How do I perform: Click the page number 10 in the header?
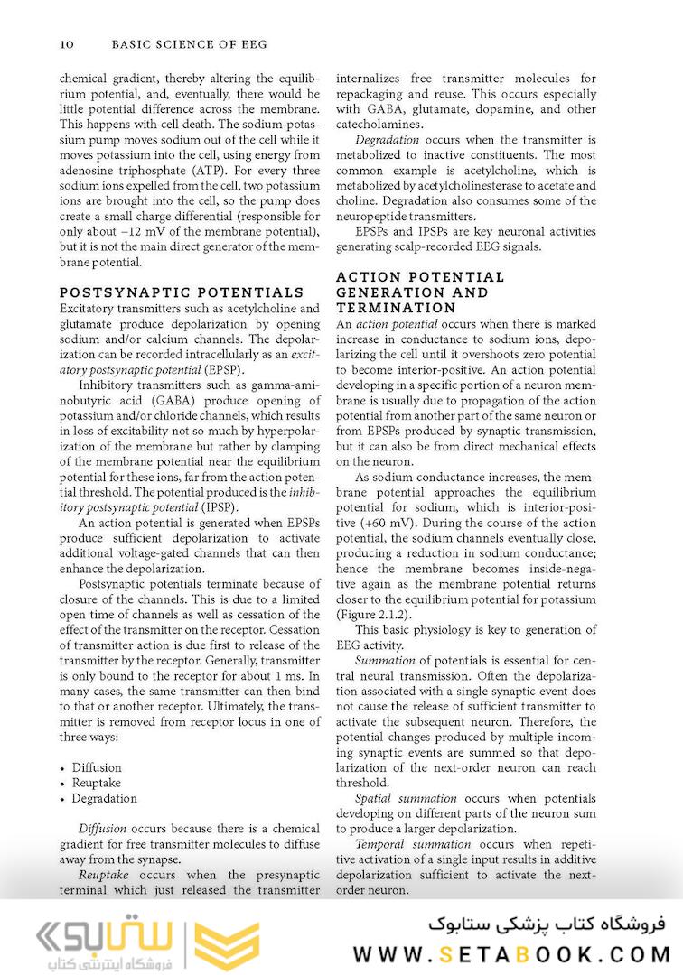[65, 43]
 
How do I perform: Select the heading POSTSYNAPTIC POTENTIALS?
[181, 293]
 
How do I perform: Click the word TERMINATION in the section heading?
[388, 308]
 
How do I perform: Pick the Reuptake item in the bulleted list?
[96, 783]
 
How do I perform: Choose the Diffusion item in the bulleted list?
[97, 767]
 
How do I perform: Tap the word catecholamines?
[379, 125]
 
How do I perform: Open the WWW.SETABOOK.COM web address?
[511, 953]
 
